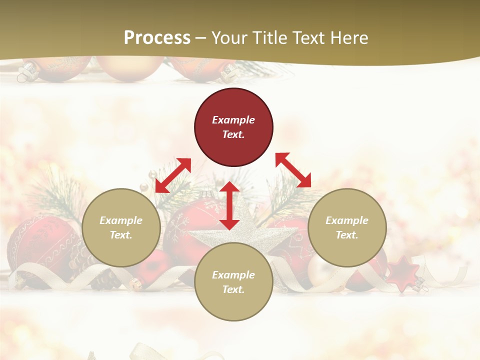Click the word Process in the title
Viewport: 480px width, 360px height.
coord(157,38)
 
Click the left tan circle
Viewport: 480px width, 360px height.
coord(121,227)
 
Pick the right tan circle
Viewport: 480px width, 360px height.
coord(347,227)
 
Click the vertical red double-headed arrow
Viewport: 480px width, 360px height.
coord(229,205)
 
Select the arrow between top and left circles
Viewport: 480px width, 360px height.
coord(173,175)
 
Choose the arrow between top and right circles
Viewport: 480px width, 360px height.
coord(293,170)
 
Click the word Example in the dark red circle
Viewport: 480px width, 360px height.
coord(233,120)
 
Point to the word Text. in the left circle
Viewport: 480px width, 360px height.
coord(121,235)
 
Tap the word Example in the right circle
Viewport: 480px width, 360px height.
coord(347,220)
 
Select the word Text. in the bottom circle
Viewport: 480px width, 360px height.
coord(233,289)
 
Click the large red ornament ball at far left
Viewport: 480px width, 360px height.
coord(35,245)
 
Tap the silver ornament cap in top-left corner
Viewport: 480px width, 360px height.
coord(24,74)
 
